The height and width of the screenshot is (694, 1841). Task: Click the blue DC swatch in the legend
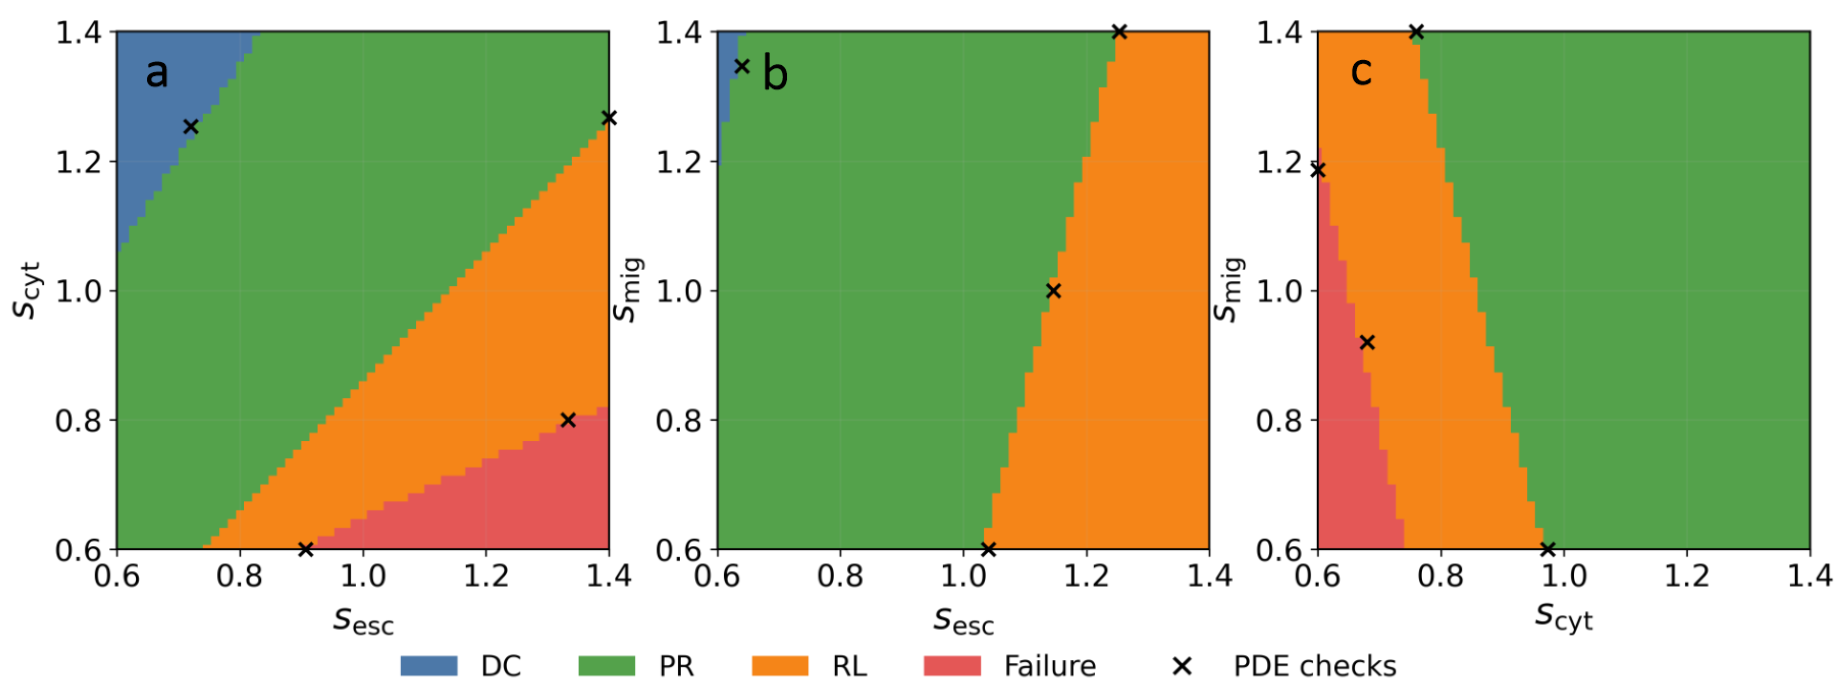(x=429, y=665)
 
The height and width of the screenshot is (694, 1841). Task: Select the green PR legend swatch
(x=607, y=665)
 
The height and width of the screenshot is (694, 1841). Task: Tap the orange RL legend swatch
(x=780, y=665)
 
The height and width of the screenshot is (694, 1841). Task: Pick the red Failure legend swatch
(x=952, y=665)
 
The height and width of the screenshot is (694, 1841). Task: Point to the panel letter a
(x=157, y=73)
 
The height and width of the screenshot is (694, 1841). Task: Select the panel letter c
(x=1361, y=71)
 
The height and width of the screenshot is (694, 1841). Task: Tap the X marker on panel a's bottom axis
(x=306, y=549)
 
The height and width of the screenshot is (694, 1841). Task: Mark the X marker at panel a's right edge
(x=609, y=118)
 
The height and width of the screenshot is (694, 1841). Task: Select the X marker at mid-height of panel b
(x=1053, y=291)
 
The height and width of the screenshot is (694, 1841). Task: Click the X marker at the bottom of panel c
(x=1548, y=549)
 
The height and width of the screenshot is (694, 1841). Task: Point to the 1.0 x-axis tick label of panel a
(x=363, y=576)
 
